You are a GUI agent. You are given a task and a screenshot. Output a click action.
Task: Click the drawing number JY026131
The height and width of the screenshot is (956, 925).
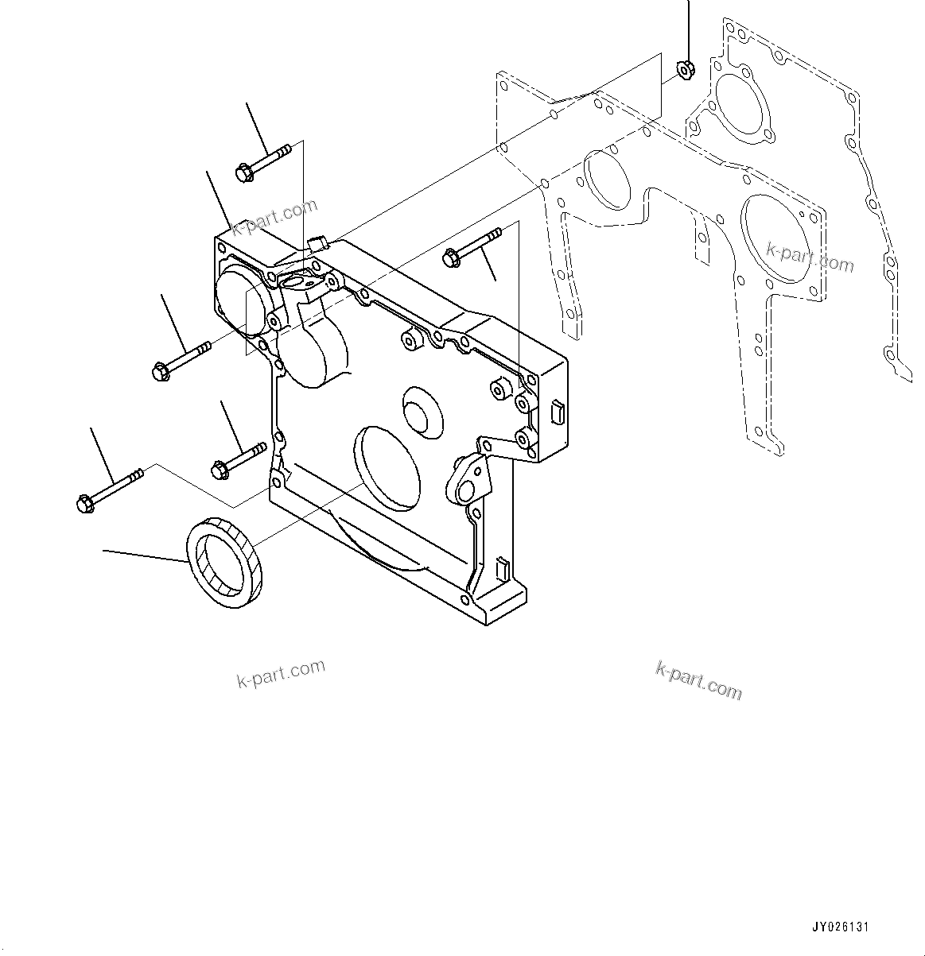click(840, 927)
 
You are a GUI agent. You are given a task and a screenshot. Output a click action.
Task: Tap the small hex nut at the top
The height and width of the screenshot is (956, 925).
click(682, 71)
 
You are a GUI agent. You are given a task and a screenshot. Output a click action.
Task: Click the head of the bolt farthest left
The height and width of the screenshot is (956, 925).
click(84, 502)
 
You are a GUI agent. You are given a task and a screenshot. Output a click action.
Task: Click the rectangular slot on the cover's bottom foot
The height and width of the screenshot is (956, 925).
click(501, 567)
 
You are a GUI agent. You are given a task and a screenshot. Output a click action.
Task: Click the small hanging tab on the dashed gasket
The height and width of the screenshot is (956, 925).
click(701, 239)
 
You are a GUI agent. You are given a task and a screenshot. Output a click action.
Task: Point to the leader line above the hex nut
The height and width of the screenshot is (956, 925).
click(688, 28)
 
